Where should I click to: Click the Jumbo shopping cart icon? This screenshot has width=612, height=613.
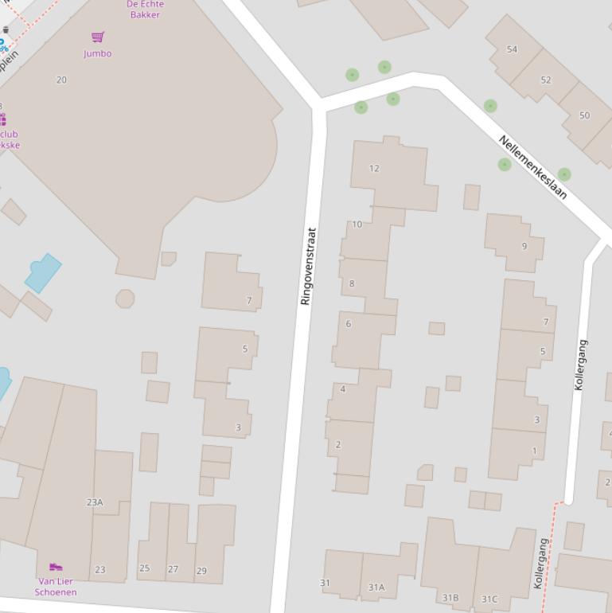point(98,37)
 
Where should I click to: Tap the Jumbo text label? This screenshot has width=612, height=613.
point(97,53)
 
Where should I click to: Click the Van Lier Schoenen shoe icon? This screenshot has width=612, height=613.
point(56,567)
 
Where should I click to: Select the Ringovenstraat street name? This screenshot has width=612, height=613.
point(308,267)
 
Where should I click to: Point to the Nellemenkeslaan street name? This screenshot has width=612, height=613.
point(532,167)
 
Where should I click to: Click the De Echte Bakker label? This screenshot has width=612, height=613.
point(145,9)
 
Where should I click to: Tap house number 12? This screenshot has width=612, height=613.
point(374,168)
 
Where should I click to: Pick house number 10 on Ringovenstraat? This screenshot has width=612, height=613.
point(357,225)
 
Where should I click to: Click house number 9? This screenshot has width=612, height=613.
point(524,246)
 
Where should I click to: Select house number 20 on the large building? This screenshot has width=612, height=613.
point(61,80)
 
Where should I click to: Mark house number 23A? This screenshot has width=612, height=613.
point(95,502)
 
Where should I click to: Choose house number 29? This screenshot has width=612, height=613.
point(201,570)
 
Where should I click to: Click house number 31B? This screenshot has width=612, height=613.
point(450,597)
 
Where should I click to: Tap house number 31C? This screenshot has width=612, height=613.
point(489,599)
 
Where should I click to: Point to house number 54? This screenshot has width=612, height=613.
point(512,49)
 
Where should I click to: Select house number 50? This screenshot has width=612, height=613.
point(584,115)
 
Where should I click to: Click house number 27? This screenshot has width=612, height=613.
point(173,569)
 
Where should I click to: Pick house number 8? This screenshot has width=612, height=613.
point(351,283)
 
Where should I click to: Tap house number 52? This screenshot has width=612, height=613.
point(545,80)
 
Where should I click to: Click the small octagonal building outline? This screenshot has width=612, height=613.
point(125,299)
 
